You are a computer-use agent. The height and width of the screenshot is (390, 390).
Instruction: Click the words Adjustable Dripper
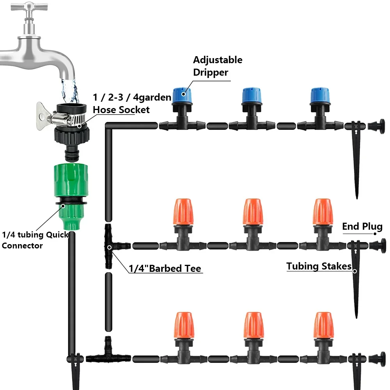(218, 66)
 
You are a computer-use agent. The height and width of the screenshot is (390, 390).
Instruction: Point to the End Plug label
(362, 226)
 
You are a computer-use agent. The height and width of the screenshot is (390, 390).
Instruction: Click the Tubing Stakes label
(319, 266)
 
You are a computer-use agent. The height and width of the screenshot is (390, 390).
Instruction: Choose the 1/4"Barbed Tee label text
(165, 268)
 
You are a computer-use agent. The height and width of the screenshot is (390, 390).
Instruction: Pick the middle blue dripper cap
(252, 96)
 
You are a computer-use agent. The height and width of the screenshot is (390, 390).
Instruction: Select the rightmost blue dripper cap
(320, 96)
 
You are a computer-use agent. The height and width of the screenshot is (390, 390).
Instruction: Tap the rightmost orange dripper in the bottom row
(323, 325)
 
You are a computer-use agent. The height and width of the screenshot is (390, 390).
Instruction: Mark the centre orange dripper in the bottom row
(253, 325)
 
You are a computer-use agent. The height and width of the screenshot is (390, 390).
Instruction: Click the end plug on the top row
(376, 126)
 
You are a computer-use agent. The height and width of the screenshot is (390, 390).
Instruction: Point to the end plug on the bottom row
(377, 360)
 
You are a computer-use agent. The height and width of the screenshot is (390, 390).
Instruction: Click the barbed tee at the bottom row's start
(108, 353)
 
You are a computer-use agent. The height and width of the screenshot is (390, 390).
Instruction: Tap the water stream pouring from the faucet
(70, 91)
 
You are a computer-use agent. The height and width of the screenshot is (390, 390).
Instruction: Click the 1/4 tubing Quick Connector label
(35, 240)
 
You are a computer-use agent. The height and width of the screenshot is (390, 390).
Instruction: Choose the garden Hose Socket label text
(132, 103)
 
